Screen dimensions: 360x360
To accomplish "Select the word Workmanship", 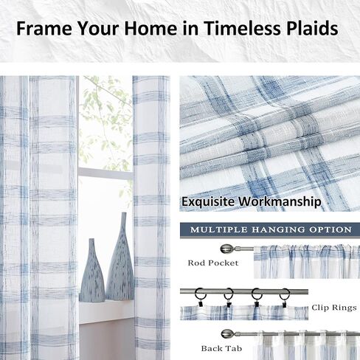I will pos(282,201).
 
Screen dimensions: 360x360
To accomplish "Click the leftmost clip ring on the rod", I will pos(199,297).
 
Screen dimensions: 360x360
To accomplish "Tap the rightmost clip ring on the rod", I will pos(284,297).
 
